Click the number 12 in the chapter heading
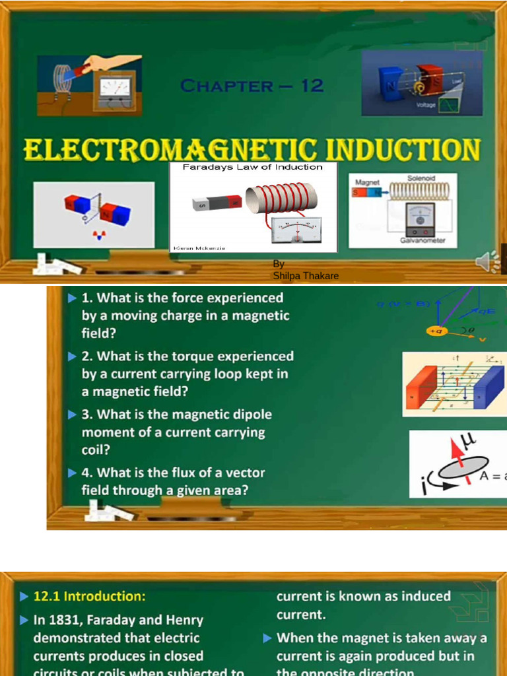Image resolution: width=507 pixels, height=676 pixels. (x=312, y=86)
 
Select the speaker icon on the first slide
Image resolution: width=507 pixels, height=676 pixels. (x=488, y=262)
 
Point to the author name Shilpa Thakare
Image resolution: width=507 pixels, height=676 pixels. (x=306, y=276)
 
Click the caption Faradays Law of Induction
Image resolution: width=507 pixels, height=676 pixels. (x=253, y=167)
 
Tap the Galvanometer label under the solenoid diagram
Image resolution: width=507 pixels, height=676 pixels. (x=422, y=240)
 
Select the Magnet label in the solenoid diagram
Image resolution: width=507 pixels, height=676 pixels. (x=367, y=182)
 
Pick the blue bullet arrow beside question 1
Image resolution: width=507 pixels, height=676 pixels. (x=72, y=298)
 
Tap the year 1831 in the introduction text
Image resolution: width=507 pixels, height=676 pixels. (x=63, y=621)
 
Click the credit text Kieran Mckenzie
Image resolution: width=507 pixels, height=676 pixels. (x=199, y=248)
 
